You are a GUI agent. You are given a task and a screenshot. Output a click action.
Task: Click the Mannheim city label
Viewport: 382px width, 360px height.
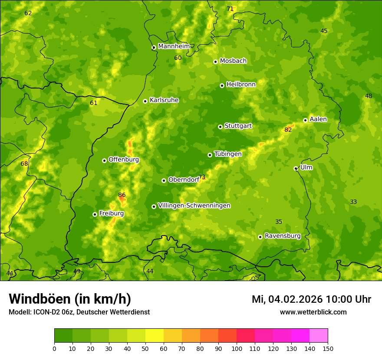pos(174,46)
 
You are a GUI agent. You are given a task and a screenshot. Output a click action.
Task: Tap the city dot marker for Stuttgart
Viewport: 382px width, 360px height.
pos(220,127)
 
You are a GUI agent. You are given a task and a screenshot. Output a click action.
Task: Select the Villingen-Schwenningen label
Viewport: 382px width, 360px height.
pos(194,206)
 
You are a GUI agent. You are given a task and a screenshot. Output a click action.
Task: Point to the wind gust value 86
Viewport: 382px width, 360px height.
pos(122,195)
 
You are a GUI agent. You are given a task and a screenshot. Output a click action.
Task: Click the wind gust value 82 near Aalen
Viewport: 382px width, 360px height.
pos(288,130)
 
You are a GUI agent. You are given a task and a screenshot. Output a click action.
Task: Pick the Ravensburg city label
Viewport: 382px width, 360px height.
pos(282,236)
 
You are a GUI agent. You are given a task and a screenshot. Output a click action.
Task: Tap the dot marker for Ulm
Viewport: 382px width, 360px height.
pos(296,168)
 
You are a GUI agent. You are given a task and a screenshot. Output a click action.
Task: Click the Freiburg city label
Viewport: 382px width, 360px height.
pos(111,213)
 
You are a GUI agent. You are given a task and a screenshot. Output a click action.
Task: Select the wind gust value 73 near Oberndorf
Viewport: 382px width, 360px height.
pos(202,177)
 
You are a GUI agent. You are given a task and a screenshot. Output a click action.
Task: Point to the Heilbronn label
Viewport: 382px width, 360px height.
pos(241,85)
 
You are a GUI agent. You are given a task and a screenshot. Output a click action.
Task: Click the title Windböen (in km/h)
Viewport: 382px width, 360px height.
pos(70,299)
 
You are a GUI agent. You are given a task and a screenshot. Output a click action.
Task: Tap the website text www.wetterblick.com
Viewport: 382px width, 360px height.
pos(313,312)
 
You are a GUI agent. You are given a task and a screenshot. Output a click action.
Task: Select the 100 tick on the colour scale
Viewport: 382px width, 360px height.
pos(237,348)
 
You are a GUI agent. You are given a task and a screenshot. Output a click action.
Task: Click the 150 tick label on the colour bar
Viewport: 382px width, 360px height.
pos(328,348)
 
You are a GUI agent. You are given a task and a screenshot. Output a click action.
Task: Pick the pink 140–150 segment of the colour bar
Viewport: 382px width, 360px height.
pos(319,336)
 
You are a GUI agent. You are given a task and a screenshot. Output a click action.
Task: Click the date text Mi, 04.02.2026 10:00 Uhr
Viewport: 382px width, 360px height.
pos(311,299)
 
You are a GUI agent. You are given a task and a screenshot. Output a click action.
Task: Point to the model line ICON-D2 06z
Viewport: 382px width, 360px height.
pos(79,312)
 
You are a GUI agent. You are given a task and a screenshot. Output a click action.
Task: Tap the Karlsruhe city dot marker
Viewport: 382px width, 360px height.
pos(145,101)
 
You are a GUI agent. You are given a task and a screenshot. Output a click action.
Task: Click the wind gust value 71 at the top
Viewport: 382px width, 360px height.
pos(230,9)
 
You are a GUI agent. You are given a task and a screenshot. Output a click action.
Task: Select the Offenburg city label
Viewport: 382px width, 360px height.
pos(123,160)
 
